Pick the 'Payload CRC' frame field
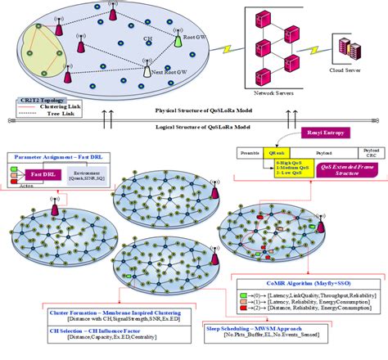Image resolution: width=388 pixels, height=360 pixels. coord(367,153)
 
